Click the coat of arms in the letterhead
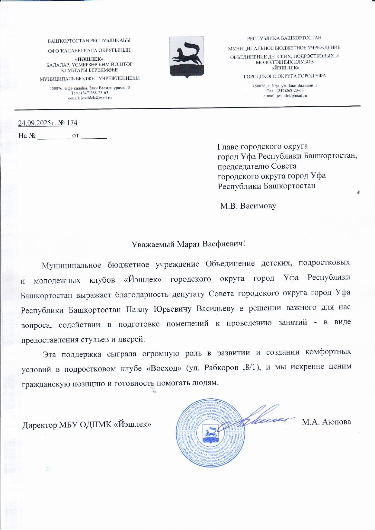[186, 57]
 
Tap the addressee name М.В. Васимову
[248, 206]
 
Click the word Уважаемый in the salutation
[153, 244]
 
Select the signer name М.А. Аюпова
[326, 422]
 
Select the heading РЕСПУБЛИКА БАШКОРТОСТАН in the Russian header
[284, 38]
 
